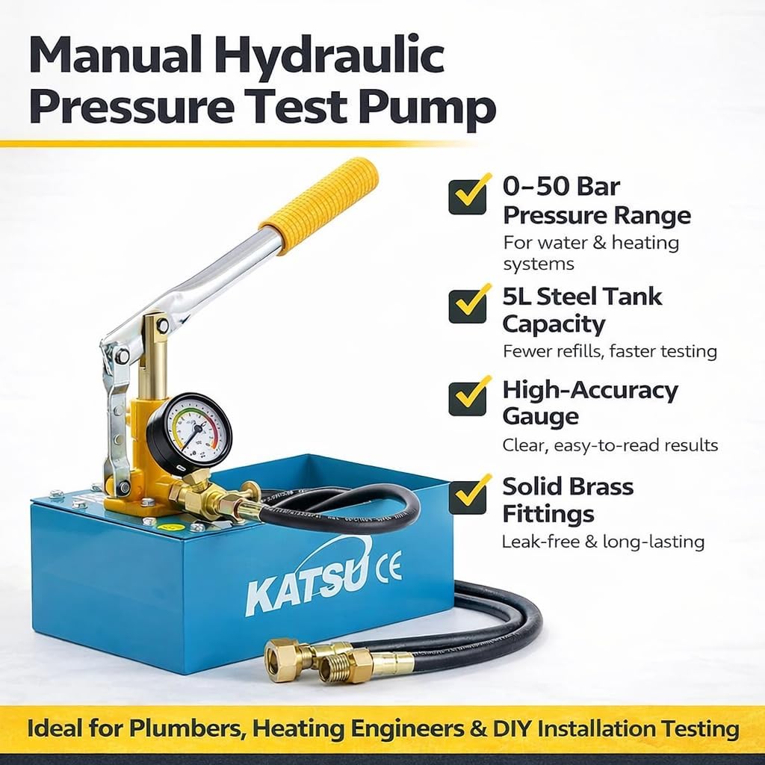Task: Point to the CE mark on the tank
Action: (x=388, y=566)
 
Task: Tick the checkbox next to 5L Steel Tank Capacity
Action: (x=468, y=306)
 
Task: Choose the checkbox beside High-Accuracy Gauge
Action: (x=468, y=398)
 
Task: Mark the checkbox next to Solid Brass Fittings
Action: (x=468, y=496)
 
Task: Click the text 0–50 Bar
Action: (x=561, y=186)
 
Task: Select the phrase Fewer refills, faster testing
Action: (x=610, y=351)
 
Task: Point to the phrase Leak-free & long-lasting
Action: (x=604, y=542)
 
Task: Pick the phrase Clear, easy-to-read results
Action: (x=610, y=445)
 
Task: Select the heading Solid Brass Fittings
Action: (x=568, y=500)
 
